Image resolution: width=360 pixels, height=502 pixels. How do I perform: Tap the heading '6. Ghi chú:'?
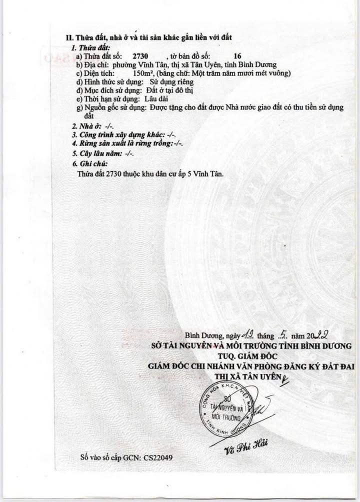point(90,164)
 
